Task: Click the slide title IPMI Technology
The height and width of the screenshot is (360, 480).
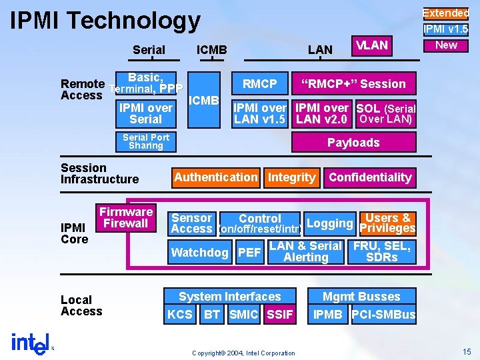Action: (105, 21)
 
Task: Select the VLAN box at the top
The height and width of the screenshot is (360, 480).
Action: (371, 45)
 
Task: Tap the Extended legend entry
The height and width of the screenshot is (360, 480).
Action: (446, 13)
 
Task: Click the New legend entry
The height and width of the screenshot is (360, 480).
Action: (446, 45)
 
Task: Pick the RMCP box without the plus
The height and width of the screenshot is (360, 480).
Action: (259, 84)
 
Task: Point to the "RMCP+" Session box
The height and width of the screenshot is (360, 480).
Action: (353, 84)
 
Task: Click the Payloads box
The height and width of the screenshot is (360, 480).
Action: (353, 143)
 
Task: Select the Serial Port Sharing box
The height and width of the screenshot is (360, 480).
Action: (146, 141)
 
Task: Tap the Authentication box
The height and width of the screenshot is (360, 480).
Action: (215, 177)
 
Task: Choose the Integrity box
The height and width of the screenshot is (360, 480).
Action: (291, 177)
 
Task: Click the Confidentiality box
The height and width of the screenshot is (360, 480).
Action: (370, 177)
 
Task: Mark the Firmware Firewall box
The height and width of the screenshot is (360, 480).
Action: (126, 218)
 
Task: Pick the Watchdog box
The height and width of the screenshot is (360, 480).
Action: (199, 252)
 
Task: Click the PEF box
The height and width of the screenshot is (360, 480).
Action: (249, 252)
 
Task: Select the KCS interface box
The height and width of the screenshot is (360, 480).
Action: (180, 315)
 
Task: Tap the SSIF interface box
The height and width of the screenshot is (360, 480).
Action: (279, 315)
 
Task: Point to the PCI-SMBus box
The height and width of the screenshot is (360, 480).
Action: (383, 315)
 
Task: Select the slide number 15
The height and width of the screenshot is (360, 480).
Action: (466, 351)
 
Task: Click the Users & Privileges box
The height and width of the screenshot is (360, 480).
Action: (387, 223)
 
